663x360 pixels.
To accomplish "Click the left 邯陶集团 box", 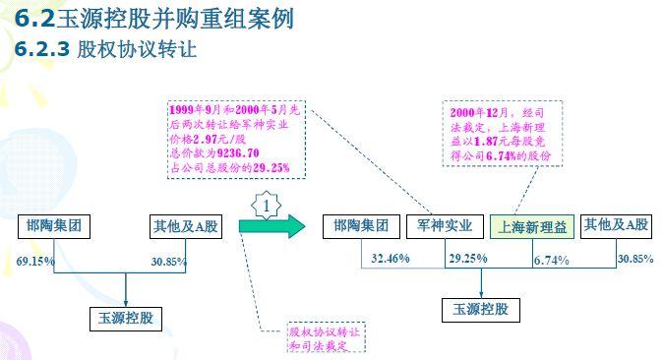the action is click(x=54, y=226).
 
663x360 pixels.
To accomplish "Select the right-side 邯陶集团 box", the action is click(x=361, y=227).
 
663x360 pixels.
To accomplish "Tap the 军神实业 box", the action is click(x=445, y=227).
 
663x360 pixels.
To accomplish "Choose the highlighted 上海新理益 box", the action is click(x=532, y=227).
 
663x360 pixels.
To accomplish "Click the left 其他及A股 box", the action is click(x=186, y=227).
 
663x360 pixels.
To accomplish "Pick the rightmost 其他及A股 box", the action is click(x=616, y=226).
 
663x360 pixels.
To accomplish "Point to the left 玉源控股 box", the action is click(x=126, y=319).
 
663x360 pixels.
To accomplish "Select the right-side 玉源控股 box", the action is click(x=481, y=310).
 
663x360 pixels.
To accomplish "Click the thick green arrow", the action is click(x=271, y=226).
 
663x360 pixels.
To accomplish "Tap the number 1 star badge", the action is click(x=266, y=206).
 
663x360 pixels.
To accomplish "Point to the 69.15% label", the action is click(x=35, y=261).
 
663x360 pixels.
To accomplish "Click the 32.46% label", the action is click(x=391, y=258).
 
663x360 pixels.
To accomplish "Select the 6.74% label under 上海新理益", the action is click(x=552, y=261).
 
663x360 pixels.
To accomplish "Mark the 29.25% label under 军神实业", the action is click(x=468, y=258).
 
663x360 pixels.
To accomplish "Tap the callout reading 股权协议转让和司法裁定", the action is click(x=326, y=337).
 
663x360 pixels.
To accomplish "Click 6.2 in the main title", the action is click(x=34, y=19).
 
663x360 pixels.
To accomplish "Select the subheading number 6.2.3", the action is click(x=42, y=49).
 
